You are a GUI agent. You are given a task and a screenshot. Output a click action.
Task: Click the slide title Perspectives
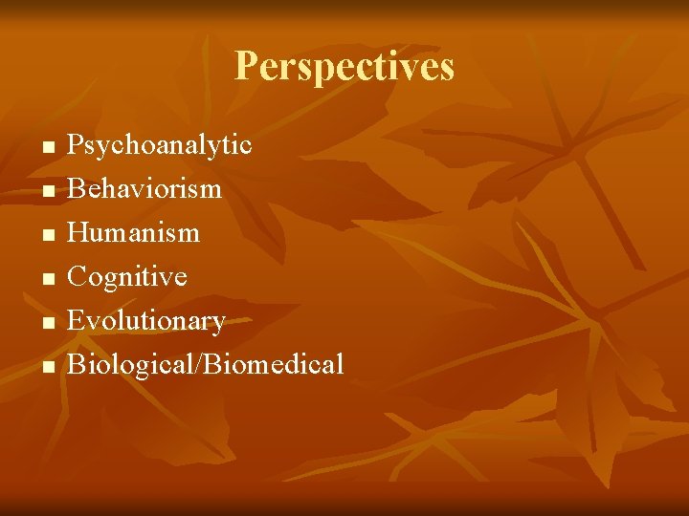tap(344, 67)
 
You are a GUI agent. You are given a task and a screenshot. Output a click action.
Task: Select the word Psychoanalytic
tap(159, 145)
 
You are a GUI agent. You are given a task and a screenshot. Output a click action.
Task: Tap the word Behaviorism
tap(144, 188)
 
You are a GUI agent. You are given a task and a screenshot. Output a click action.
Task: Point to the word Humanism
tap(133, 232)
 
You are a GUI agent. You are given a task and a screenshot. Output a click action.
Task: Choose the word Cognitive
tap(126, 277)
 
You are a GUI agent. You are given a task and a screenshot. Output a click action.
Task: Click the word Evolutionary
tap(145, 321)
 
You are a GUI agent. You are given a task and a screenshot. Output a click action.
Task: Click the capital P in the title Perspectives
tap(246, 67)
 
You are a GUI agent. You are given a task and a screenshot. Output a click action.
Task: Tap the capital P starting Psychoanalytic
tap(75, 145)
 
